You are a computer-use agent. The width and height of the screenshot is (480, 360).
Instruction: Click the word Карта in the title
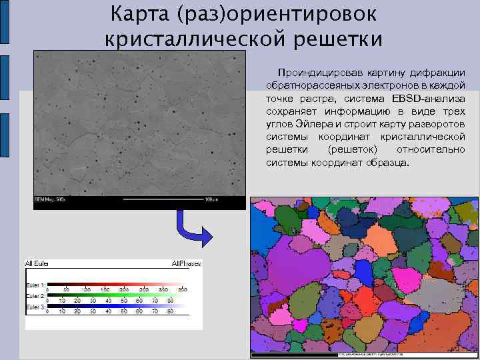click(137, 13)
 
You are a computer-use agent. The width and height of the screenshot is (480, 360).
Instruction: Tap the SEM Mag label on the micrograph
click(48, 200)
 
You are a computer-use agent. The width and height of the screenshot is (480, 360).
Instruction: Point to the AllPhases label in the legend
click(185, 265)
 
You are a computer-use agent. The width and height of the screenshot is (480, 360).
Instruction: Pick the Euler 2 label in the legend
click(35, 295)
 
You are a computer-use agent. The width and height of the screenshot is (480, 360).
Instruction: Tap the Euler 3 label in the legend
click(35, 306)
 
